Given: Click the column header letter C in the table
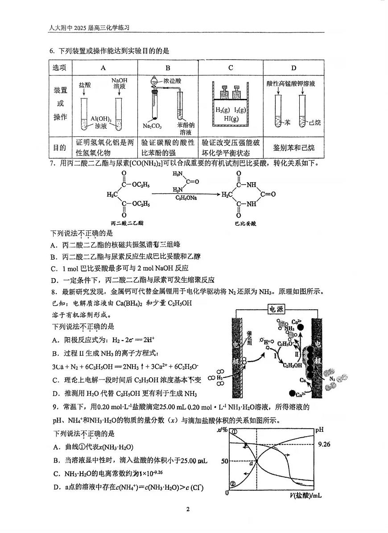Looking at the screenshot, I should (231, 68).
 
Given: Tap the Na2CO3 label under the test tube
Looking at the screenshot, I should (152, 126).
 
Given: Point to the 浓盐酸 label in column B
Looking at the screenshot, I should (172, 81).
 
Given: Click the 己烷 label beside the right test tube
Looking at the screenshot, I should (314, 123).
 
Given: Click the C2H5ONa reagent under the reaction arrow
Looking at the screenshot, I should (187, 197).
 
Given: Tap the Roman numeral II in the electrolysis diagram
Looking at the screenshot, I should (296, 353).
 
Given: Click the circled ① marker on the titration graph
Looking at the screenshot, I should (234, 431).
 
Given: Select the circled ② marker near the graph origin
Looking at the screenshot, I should (232, 484).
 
